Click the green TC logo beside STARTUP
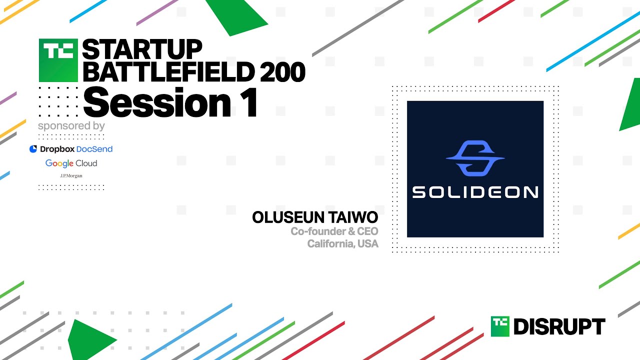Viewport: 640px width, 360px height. (x=58, y=60)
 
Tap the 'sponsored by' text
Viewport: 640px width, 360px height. (x=71, y=125)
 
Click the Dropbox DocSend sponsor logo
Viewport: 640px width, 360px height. (x=71, y=149)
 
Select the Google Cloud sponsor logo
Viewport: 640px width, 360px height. (x=71, y=163)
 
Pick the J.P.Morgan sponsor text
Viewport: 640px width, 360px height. (x=71, y=176)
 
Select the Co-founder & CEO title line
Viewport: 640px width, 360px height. (x=334, y=231)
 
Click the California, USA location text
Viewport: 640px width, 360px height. (x=342, y=244)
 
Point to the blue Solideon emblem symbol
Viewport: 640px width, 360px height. (x=474, y=158)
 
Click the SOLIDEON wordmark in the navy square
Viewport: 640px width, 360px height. (x=474, y=192)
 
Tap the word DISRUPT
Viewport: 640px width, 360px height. (x=559, y=327)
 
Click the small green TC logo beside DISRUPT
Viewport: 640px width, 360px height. (x=499, y=326)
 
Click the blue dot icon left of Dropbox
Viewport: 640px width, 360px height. (x=33, y=149)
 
